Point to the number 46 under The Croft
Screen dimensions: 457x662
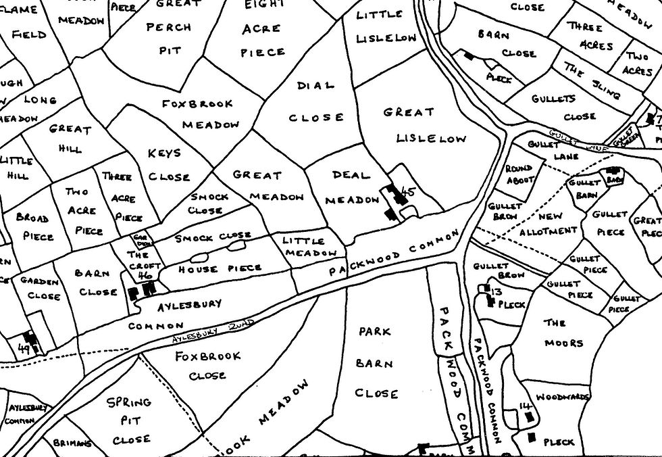(143, 275)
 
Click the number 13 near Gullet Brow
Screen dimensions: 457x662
(496, 291)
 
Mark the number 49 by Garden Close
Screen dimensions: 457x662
(25, 349)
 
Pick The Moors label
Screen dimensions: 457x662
(563, 333)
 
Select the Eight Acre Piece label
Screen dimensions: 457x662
(263, 28)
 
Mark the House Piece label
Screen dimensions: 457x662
(219, 268)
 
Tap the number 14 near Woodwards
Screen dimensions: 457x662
(524, 406)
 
